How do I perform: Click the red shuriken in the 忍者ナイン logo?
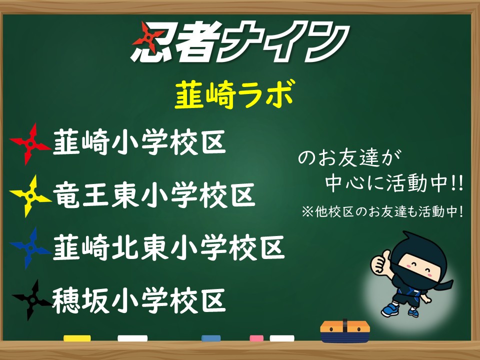[148, 36]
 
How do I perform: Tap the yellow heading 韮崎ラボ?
[235, 94]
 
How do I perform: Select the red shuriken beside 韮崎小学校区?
[30, 144]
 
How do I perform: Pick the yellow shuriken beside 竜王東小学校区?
[30, 196]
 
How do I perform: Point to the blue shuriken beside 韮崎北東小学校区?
[30, 248]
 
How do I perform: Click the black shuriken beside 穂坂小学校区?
[31, 300]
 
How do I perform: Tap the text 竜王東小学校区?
[154, 195]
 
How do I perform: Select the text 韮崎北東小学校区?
[168, 247]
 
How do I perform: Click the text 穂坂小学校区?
[139, 300]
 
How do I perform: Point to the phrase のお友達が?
[349, 158]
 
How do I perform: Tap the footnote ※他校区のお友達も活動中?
[382, 211]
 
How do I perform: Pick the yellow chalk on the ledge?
[77, 338]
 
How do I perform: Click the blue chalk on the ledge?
[211, 338]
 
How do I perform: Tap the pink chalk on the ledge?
[256, 338]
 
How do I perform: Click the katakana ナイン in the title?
[283, 41]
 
